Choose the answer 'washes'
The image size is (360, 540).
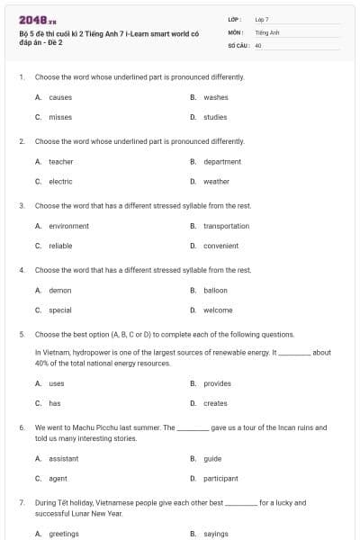pyautogui.click(x=216, y=97)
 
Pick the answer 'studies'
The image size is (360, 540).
pyautogui.click(x=215, y=117)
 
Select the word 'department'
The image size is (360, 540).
pyautogui.click(x=222, y=161)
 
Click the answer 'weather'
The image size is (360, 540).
pyautogui.click(x=216, y=181)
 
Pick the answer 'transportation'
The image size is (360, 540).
pyautogui.click(x=226, y=226)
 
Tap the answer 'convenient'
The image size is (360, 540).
pyautogui.click(x=221, y=246)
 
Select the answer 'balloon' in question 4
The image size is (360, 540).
pyautogui.click(x=216, y=290)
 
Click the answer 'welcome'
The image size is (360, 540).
pyautogui.click(x=218, y=310)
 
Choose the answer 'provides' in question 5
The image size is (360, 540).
pyautogui.click(x=218, y=383)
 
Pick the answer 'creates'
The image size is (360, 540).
pyautogui.click(x=216, y=403)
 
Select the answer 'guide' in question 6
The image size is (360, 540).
pyautogui.click(x=213, y=458)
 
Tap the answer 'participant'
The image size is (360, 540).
pyautogui.click(x=221, y=478)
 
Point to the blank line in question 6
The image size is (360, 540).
pyautogui.click(x=193, y=429)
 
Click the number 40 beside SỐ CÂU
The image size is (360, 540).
pyautogui.click(x=258, y=45)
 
